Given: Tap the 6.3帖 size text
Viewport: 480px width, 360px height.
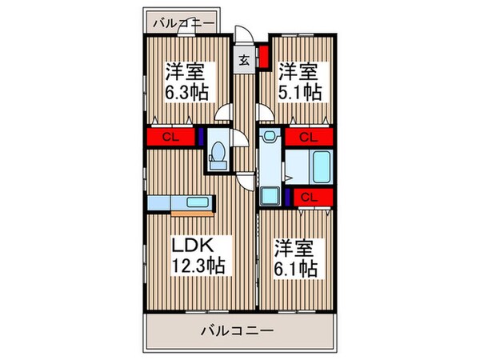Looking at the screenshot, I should coord(187,91).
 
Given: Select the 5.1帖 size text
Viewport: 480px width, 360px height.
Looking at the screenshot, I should coord(301,91).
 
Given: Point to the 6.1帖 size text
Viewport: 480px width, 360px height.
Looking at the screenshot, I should coord(295,268).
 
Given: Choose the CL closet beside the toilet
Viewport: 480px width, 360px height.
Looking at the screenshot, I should coord(170,137).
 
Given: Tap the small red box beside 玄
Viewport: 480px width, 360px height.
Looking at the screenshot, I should coord(262,59).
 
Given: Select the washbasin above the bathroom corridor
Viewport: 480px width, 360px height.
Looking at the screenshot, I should coord(269,137).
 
